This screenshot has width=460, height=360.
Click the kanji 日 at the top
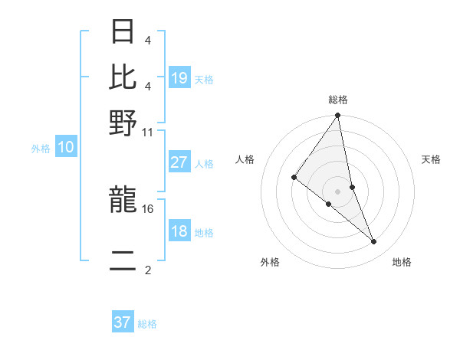[x=123, y=32]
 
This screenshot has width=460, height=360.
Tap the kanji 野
[x=123, y=123]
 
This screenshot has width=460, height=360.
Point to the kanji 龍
[x=123, y=201]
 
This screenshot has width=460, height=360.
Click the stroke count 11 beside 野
[x=148, y=132]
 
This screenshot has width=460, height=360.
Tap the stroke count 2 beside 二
[x=148, y=270]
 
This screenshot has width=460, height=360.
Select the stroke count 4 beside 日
[x=147, y=40]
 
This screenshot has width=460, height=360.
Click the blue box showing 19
[x=179, y=77]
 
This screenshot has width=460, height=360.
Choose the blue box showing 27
[x=179, y=162]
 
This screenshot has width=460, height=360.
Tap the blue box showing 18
[x=179, y=231]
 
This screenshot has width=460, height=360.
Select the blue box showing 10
[x=66, y=148]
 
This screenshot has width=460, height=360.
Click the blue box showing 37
[x=123, y=322]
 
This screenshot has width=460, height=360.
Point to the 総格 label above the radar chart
[x=338, y=100]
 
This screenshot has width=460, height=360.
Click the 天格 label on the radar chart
[x=432, y=159]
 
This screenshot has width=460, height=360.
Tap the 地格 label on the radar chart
[x=402, y=263]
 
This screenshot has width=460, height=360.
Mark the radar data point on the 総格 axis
[x=338, y=116]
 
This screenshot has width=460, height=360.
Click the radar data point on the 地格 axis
[x=374, y=241]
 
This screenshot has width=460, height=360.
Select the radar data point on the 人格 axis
[x=294, y=178]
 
